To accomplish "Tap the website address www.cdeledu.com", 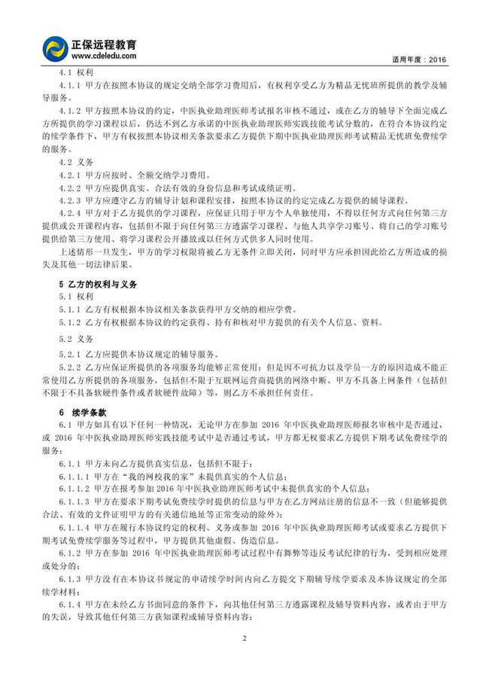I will point(104,56).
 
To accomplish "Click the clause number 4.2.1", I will point(72,175).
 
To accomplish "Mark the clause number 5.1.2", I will point(72,325).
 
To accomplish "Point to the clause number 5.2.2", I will point(72,366).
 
